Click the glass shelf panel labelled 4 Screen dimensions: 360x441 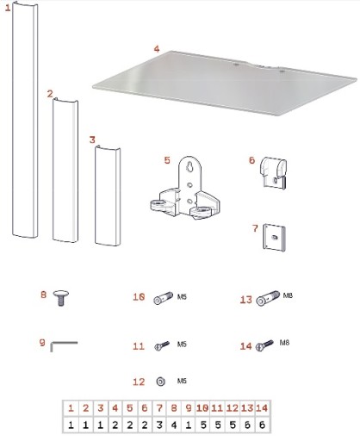[224, 84]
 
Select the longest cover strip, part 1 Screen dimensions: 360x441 [25, 120]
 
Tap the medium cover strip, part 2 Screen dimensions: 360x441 [65, 171]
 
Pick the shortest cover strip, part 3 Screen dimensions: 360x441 [108, 196]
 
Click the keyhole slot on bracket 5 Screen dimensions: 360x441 [189, 166]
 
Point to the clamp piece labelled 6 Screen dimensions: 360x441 [274, 173]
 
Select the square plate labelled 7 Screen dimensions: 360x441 [274, 238]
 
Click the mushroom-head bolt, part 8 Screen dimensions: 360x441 [61, 298]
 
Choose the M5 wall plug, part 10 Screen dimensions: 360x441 [163, 298]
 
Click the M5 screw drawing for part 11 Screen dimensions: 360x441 [162, 345]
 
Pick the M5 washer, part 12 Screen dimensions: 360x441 [160, 382]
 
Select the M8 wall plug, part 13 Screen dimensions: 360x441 [268, 298]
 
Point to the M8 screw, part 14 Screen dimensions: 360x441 [264, 345]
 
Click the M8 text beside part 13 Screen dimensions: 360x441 [288, 295]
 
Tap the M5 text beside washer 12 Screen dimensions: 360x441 [182, 381]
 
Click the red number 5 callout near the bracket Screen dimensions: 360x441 [167, 160]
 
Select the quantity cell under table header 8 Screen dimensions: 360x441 [174, 425]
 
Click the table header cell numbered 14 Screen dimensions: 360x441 [262, 408]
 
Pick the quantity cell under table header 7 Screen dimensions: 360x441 [159, 425]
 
